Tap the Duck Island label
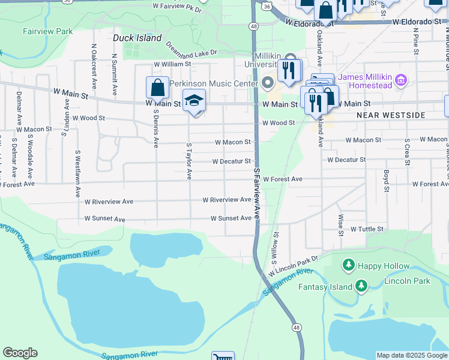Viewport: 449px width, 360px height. [137, 38]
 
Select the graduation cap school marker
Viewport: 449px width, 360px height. [194, 101]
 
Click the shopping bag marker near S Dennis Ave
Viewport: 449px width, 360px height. [157, 88]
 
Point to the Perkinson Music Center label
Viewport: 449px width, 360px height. [208, 83]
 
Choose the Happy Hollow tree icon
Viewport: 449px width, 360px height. [348, 265]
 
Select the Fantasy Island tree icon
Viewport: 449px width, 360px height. [361, 286]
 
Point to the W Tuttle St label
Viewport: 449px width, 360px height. [366, 229]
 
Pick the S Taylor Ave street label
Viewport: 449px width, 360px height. [188, 161]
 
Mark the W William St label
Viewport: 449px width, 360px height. [172, 64]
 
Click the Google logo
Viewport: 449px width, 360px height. [20, 353]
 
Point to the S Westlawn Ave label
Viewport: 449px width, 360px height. [77, 174]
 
